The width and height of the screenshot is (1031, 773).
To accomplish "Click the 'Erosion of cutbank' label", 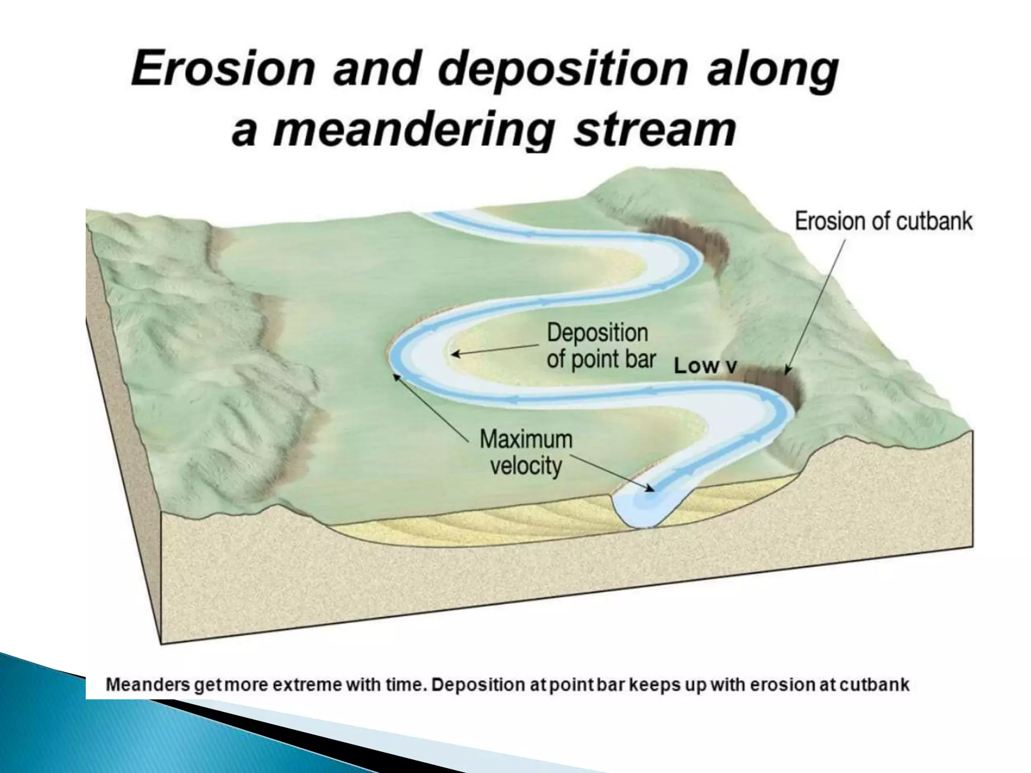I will point(883,221).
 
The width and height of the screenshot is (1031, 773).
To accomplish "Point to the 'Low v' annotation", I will point(705,366).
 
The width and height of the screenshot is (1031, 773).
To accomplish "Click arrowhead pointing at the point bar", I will point(454,354).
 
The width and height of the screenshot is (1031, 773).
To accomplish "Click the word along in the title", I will point(772,70).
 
